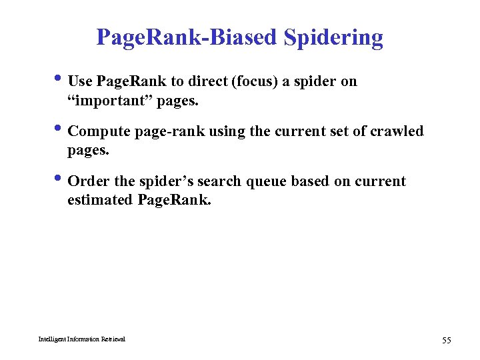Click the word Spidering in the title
click(x=333, y=38)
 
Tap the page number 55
click(x=446, y=341)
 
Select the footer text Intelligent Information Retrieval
click(x=81, y=339)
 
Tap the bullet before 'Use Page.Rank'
click(x=60, y=81)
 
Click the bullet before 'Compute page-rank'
click(x=60, y=131)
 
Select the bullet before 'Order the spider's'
click(x=60, y=181)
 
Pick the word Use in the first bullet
click(x=81, y=81)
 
